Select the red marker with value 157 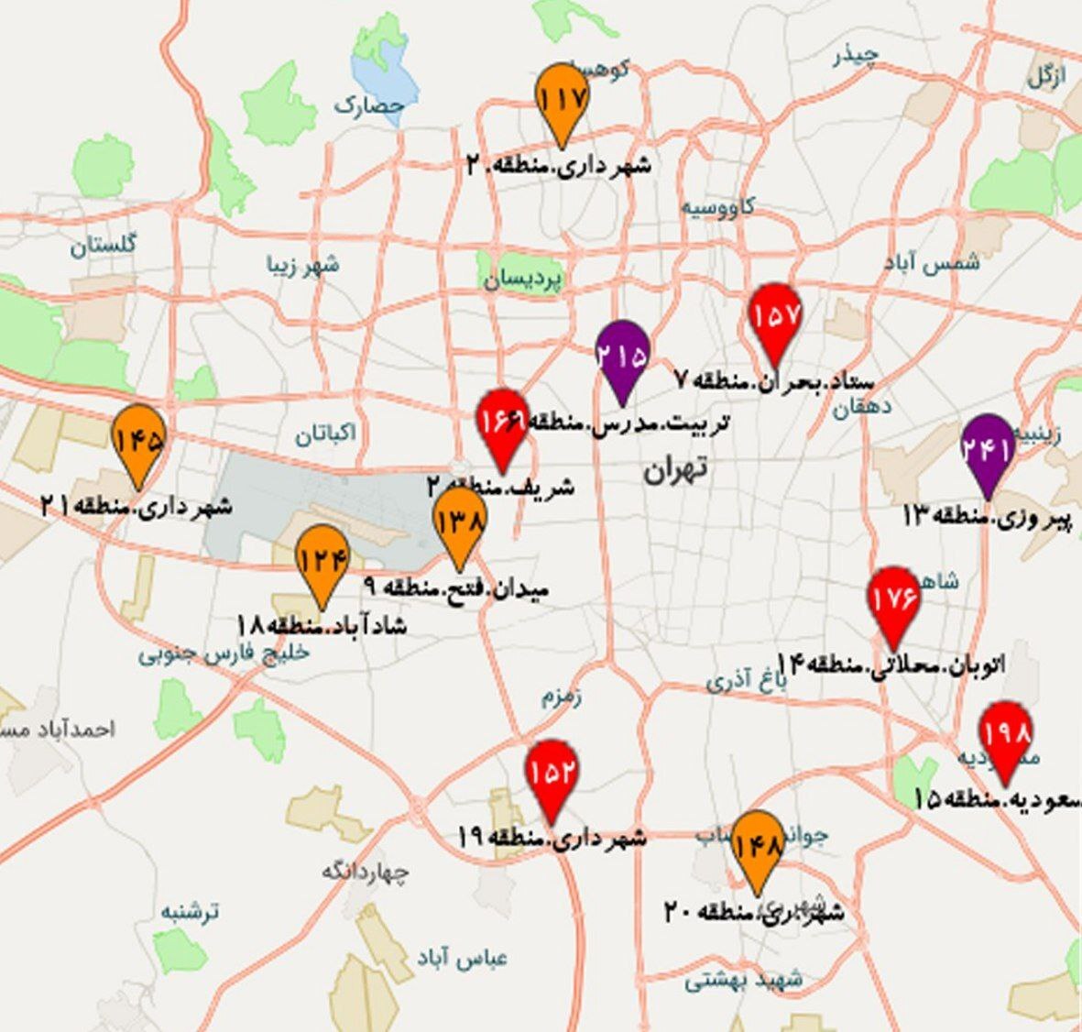point(776,317)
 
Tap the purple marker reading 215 point(622,355)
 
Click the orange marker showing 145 point(138,441)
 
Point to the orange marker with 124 point(322,559)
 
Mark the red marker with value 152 point(552,774)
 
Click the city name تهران point(674,470)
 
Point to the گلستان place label point(103,245)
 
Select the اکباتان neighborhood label point(325,434)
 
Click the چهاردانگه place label point(364,872)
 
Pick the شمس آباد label point(932,262)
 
